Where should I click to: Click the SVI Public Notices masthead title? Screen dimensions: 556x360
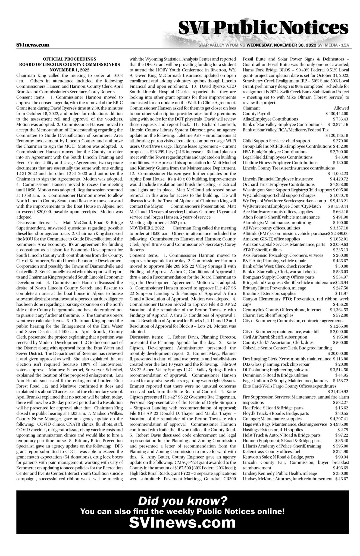point(263,28)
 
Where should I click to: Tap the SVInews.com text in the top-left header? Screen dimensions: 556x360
point(33,45)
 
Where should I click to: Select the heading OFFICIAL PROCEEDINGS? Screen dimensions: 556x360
point(69,59)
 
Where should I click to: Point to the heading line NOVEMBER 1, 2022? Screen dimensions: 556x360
point(69,70)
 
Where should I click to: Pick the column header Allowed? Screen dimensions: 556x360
point(341,108)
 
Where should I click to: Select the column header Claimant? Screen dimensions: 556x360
point(251,108)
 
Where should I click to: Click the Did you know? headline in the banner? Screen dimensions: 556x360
point(183,500)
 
